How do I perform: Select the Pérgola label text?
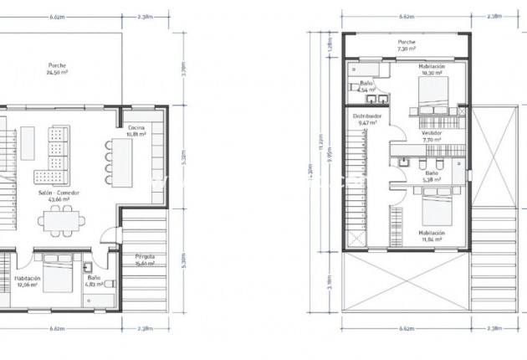tap(145, 259)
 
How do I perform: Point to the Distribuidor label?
tap(367, 120)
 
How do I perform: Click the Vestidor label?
tap(432, 136)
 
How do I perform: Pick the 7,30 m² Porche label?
tap(407, 45)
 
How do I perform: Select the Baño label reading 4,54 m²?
tap(366, 86)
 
